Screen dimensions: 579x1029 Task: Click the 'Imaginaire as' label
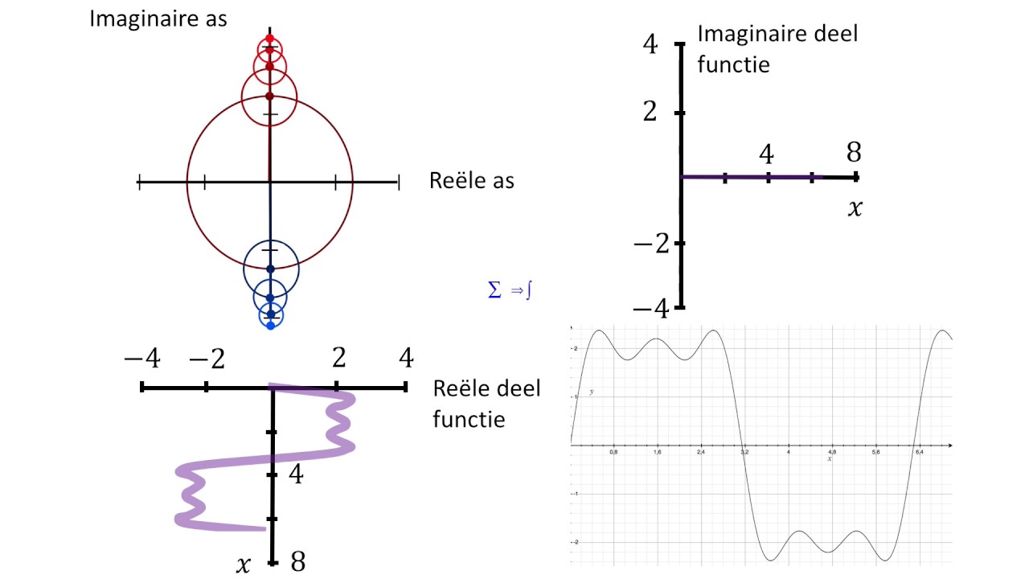pyautogui.click(x=158, y=19)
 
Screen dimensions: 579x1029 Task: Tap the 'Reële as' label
pyautogui.click(x=472, y=181)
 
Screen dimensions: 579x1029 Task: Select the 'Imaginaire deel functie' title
pyautogui.click(x=777, y=48)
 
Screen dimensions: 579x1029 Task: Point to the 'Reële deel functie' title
pyautogui.click(x=487, y=404)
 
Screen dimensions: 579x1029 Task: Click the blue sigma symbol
pyautogui.click(x=494, y=290)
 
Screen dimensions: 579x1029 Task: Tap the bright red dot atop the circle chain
pyautogui.click(x=269, y=39)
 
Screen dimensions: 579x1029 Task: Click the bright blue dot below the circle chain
pyautogui.click(x=270, y=325)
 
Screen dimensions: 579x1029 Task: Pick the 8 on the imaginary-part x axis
pyautogui.click(x=854, y=152)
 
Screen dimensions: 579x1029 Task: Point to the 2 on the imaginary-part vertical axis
pyautogui.click(x=650, y=112)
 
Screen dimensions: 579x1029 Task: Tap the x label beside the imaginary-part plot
pyautogui.click(x=855, y=208)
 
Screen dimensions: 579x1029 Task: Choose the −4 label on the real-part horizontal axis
pyautogui.click(x=141, y=358)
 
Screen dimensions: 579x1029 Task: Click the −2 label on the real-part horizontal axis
pyautogui.click(x=206, y=358)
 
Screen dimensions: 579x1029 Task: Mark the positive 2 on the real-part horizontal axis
pyautogui.click(x=338, y=358)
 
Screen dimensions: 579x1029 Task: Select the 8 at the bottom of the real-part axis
pyautogui.click(x=297, y=561)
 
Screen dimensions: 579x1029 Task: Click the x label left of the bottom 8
pyautogui.click(x=244, y=565)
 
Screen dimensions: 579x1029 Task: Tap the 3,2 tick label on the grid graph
pyautogui.click(x=744, y=453)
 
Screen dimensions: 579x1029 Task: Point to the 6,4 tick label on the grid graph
pyautogui.click(x=919, y=453)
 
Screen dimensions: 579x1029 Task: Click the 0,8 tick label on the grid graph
pyautogui.click(x=613, y=453)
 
